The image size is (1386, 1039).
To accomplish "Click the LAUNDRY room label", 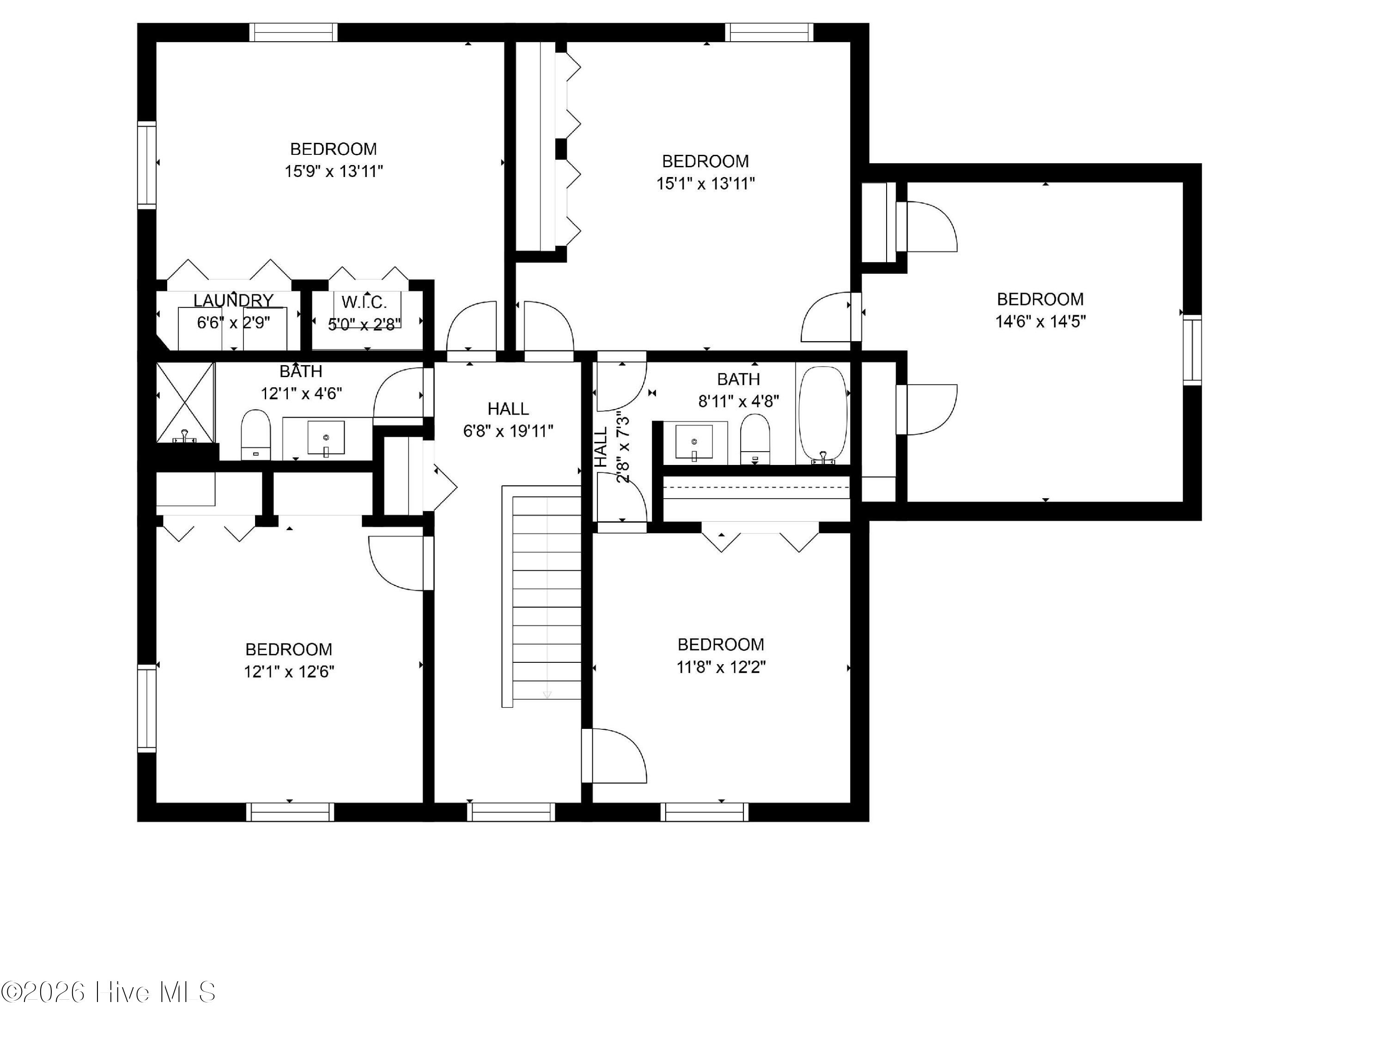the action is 233,301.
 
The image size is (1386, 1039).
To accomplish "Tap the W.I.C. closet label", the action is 364,303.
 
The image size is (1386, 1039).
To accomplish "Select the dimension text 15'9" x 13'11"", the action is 334,171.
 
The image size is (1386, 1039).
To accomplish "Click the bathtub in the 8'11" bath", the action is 823,414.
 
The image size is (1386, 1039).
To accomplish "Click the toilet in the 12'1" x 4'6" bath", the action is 255,434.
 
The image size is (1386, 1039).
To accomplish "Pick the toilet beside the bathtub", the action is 755,439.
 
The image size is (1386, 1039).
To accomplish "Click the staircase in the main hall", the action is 542,596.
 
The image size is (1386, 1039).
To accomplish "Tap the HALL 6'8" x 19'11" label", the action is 508,420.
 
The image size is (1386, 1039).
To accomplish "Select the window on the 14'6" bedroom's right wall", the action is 1192,350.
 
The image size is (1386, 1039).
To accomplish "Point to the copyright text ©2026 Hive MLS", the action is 109,992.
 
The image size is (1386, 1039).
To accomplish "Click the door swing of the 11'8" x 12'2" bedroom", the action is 614,756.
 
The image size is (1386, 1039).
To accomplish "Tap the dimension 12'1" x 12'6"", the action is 289,672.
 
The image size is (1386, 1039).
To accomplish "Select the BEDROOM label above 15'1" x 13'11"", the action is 705,161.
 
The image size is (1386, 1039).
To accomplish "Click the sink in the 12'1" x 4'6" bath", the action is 326,437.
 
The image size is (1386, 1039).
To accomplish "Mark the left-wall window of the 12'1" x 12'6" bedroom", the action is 146,708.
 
